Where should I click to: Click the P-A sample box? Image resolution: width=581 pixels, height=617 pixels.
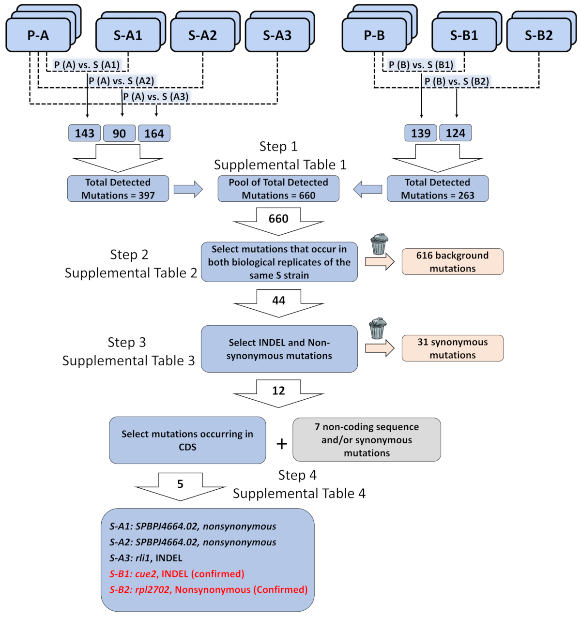pyautogui.click(x=38, y=35)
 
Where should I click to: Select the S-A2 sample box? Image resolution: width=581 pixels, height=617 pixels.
pyautogui.click(x=202, y=35)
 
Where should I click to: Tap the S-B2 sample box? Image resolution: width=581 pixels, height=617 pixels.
pyautogui.click(x=538, y=35)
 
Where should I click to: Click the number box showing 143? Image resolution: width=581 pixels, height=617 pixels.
pyautogui.click(x=85, y=134)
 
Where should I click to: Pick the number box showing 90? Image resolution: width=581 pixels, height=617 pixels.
pyautogui.click(x=120, y=134)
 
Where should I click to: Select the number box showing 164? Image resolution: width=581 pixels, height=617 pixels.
pyautogui.click(x=154, y=134)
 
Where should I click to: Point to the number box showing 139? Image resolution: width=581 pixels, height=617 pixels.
pyautogui.click(x=421, y=133)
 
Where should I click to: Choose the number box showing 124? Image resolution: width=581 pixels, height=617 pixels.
pyautogui.click(x=455, y=133)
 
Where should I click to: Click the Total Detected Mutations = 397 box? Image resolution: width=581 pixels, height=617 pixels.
pyautogui.click(x=118, y=189)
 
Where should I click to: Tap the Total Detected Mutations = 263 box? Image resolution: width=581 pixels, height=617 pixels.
pyautogui.click(x=437, y=189)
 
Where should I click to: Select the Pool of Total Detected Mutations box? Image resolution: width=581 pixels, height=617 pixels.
pyautogui.click(x=278, y=189)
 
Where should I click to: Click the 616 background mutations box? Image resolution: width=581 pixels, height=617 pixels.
pyautogui.click(x=452, y=262)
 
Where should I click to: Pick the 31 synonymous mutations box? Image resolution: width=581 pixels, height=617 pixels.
pyautogui.click(x=452, y=348)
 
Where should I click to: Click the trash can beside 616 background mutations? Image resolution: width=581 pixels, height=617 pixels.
pyautogui.click(x=379, y=244)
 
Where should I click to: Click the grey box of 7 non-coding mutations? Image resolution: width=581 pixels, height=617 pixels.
pyautogui.click(x=367, y=440)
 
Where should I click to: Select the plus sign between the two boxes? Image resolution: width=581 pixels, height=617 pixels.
pyautogui.click(x=281, y=444)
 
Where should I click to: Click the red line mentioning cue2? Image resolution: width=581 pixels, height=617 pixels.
pyautogui.click(x=177, y=574)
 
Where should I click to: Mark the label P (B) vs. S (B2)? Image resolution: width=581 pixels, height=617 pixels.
pyautogui.click(x=457, y=81)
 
